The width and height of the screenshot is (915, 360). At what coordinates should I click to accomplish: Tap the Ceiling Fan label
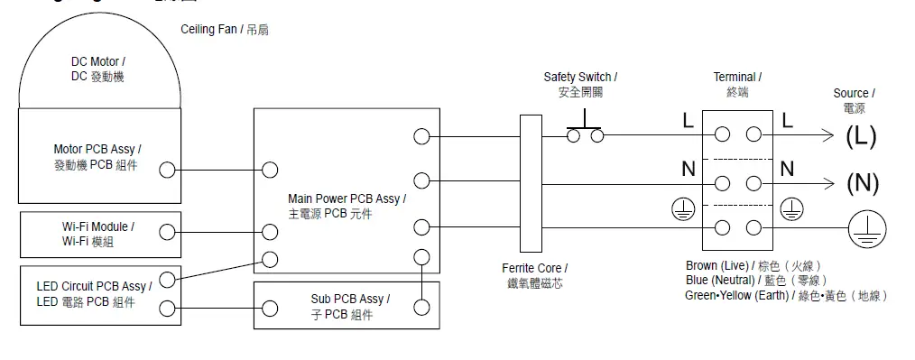[224, 30]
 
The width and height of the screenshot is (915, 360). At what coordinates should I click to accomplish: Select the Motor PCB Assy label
[97, 156]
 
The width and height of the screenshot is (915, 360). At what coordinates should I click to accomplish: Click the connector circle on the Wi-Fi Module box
[167, 232]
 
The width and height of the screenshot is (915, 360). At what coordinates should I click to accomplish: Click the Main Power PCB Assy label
[347, 206]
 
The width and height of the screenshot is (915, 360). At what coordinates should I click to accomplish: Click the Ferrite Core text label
[535, 275]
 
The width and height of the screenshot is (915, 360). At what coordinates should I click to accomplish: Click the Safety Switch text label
[580, 85]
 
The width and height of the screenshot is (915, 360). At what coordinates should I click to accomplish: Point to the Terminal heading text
[737, 85]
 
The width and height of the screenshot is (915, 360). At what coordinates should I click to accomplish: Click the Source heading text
[853, 100]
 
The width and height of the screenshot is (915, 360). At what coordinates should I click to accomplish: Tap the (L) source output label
[861, 136]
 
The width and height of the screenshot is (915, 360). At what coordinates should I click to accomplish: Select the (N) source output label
[862, 183]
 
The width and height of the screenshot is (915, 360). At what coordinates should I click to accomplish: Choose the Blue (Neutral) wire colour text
[755, 281]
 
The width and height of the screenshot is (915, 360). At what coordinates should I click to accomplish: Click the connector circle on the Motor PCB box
[167, 170]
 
